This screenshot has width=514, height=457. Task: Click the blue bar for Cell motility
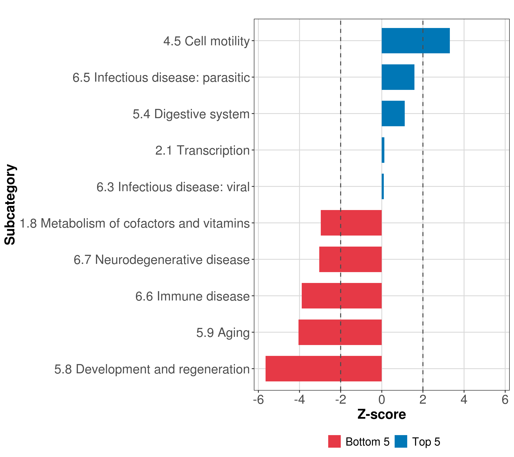click(415, 41)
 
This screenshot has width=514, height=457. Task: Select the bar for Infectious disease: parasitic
click(398, 77)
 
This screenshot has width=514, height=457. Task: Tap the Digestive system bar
click(393, 114)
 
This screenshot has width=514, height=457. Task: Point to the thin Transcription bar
click(383, 150)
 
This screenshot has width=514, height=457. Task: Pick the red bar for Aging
click(340, 332)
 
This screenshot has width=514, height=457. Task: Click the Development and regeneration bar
click(323, 369)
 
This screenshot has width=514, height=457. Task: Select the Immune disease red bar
click(342, 296)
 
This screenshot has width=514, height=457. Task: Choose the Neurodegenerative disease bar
click(350, 259)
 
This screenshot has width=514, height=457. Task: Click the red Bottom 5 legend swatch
click(334, 441)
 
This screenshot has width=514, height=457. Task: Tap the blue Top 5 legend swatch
click(401, 441)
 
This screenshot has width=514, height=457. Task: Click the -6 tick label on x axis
click(258, 400)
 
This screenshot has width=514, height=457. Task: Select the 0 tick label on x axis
click(382, 400)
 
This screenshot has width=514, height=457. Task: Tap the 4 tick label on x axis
click(464, 400)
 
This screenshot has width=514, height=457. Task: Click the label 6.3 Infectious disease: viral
click(173, 187)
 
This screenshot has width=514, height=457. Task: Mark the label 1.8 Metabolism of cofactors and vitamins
click(135, 223)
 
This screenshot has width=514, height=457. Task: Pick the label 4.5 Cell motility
click(206, 41)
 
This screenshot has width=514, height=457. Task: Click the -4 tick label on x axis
click(299, 400)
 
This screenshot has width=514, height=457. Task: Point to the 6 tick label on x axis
click(505, 400)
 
